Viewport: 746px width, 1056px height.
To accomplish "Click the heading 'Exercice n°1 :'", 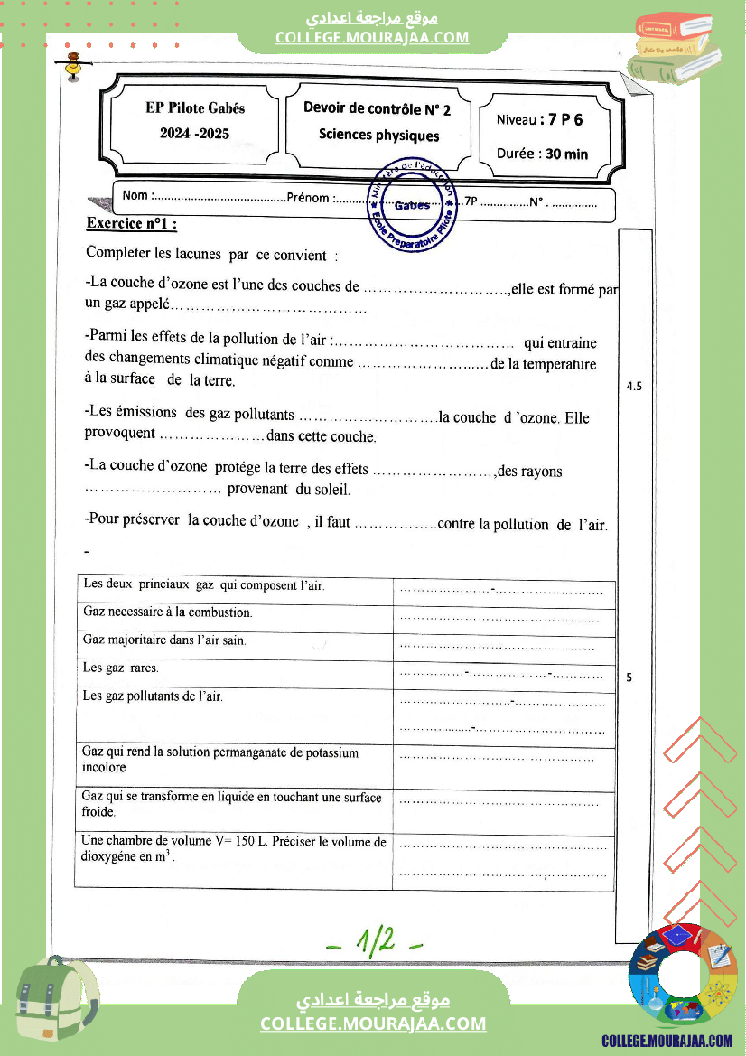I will coord(131,223).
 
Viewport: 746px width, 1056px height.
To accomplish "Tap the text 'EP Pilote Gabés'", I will coord(195,107).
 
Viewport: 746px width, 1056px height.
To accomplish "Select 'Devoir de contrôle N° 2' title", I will coord(377,109).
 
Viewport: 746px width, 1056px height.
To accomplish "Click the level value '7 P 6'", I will coord(560,119).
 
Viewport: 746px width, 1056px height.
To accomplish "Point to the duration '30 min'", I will coord(566,154).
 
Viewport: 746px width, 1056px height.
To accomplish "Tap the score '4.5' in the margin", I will coord(634,387).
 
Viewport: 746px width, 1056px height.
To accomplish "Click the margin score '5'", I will coord(629,677).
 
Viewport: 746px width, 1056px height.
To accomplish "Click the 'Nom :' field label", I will coord(136,195).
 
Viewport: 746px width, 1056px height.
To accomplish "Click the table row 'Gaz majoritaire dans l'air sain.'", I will coord(164,640).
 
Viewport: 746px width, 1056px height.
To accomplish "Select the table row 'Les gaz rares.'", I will coord(120,668).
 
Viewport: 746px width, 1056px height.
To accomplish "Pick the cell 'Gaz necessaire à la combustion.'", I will coord(168,612).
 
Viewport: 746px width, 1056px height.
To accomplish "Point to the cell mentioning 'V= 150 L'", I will coord(234,849).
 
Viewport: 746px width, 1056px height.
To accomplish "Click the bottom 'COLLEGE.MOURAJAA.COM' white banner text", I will coord(373,1023).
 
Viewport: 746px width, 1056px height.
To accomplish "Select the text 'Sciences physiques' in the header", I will coord(378,135).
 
